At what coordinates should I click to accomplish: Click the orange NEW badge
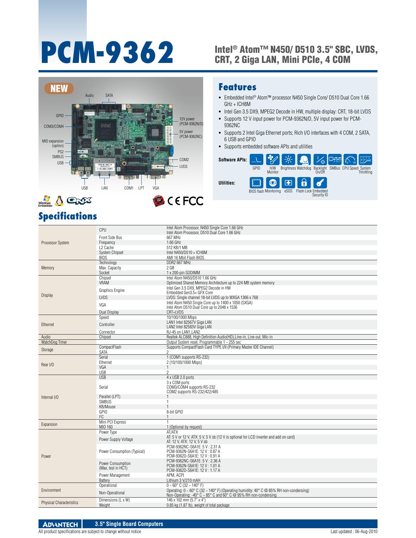[59, 88]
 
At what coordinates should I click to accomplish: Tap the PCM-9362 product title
[107, 52]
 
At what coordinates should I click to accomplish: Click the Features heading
[237, 87]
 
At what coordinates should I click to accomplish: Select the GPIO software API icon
[256, 159]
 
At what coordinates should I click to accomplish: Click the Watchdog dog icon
[304, 159]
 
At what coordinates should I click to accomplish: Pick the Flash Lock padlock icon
[304, 183]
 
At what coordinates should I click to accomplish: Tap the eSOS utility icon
[288, 183]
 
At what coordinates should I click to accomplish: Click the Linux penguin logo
[59, 201]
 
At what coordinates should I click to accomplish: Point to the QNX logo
[80, 201]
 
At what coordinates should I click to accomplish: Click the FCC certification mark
[193, 201]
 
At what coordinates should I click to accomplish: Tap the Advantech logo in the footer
[60, 524]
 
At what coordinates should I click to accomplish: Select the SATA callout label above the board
[109, 95]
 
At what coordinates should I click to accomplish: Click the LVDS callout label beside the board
[183, 166]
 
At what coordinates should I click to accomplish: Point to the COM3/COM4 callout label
[54, 126]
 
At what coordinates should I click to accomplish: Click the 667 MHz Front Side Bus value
[174, 237]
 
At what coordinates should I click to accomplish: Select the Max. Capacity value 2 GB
[170, 268]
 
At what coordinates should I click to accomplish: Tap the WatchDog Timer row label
[54, 342]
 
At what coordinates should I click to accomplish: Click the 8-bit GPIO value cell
[175, 412]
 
